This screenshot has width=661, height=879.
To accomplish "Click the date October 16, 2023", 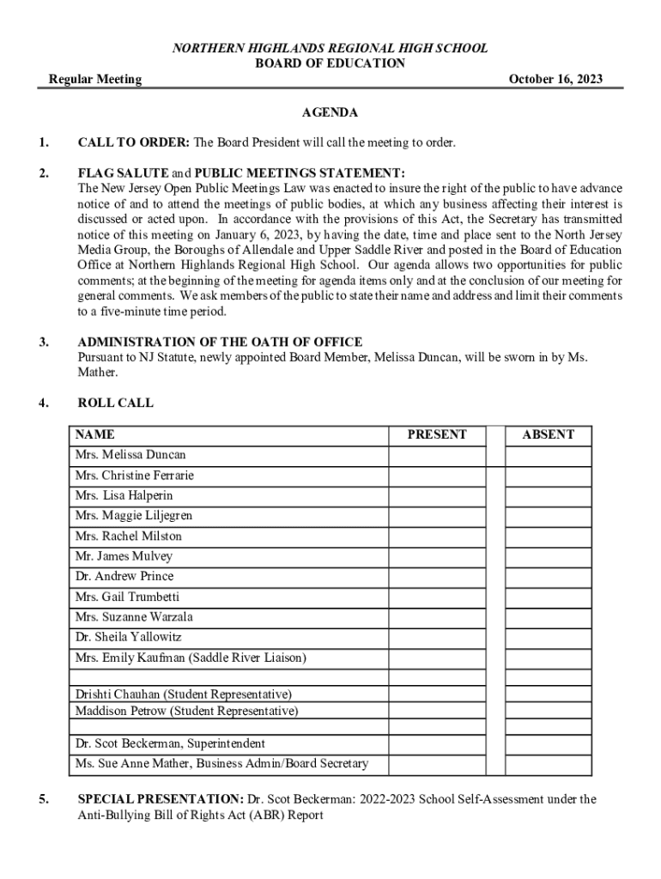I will click(x=555, y=80).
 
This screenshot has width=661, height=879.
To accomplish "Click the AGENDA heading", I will click(x=330, y=113).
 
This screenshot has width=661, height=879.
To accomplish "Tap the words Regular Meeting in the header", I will click(x=94, y=80).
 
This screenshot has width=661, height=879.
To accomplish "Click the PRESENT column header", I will click(x=437, y=434).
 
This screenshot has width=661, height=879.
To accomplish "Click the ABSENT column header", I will click(x=548, y=434).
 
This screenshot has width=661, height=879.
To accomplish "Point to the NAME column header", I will click(x=94, y=434).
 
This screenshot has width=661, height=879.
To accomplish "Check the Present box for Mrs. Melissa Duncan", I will click(x=437, y=455).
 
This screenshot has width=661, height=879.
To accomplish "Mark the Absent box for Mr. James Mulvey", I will click(x=548, y=556).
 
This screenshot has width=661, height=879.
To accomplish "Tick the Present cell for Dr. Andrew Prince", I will click(x=437, y=577).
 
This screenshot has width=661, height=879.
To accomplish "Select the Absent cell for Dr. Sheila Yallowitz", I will click(x=548, y=638).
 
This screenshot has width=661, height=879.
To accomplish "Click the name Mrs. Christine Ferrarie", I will click(x=135, y=476).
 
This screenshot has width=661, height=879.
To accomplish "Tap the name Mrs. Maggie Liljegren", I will click(x=134, y=516).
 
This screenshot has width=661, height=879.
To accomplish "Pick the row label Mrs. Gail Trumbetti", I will click(x=127, y=597).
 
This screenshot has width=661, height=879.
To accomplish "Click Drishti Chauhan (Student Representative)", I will click(x=183, y=694).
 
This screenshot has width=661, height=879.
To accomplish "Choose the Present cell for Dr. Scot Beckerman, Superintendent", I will click(x=437, y=744).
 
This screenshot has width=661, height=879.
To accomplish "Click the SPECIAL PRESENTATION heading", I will click(x=161, y=799).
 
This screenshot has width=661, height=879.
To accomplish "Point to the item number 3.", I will click(x=43, y=343).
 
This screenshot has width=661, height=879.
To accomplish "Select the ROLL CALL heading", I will click(x=115, y=403).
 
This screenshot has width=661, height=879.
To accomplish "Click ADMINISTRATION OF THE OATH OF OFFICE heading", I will click(x=220, y=343).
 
